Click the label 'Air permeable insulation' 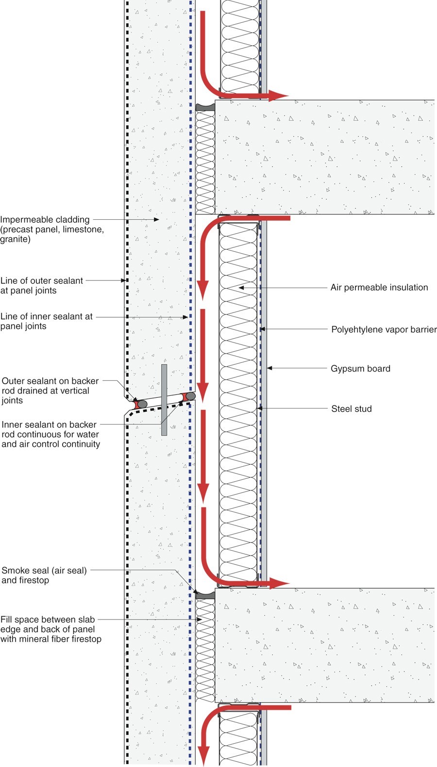pyautogui.click(x=379, y=288)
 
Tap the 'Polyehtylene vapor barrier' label pyautogui.click(x=384, y=330)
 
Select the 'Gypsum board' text pyautogui.click(x=360, y=369)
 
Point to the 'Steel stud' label pyautogui.click(x=352, y=409)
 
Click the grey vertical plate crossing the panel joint pyautogui.click(x=164, y=400)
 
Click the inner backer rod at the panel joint pyautogui.click(x=191, y=396)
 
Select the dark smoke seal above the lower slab pyautogui.click(x=205, y=595)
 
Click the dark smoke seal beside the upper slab pyautogui.click(x=205, y=106)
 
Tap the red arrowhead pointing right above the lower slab pyautogui.click(x=279, y=583)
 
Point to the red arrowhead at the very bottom pyautogui.click(x=203, y=757)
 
